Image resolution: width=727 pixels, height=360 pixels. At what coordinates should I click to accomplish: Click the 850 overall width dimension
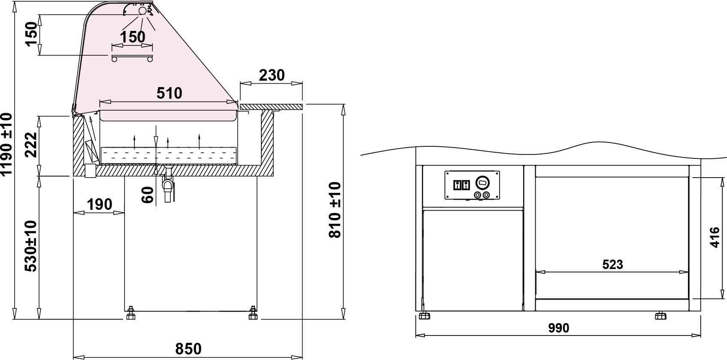coord(188,349)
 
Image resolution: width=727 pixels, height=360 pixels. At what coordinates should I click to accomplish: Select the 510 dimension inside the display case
coord(170,93)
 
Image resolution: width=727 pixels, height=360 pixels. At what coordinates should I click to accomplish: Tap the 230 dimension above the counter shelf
coord(272,76)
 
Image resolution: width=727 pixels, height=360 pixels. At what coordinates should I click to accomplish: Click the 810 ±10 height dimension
coord(335,210)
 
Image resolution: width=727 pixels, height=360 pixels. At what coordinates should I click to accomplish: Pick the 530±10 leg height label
coord(31,246)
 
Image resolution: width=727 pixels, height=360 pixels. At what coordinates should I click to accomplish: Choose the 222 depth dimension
coord(31,145)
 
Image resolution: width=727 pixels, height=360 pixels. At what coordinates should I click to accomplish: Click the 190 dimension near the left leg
coord(99,205)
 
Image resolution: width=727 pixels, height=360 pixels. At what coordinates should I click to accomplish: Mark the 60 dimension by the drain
coord(148,195)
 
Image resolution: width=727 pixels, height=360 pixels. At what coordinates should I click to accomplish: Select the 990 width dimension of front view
coord(559,328)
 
